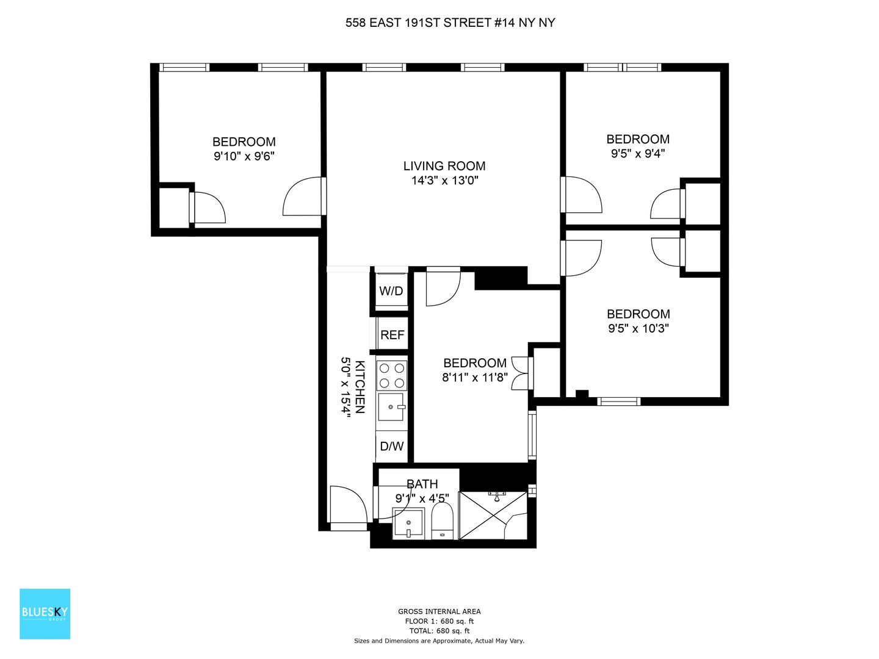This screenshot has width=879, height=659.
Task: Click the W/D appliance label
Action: coord(391,291)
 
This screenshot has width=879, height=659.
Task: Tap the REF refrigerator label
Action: coord(392,335)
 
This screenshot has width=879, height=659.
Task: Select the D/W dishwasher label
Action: coord(391,446)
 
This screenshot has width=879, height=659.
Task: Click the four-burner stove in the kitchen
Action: coord(392,376)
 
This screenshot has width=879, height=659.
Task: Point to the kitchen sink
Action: coord(391,406)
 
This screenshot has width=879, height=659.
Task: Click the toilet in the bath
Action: coord(442,520)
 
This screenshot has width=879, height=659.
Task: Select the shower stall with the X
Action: coord(493,516)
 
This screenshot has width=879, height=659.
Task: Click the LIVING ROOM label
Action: coord(444,166)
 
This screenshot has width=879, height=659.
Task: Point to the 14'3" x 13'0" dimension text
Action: coord(445,181)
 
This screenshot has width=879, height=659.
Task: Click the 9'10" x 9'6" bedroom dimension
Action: coord(244,156)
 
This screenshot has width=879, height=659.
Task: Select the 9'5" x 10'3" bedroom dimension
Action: coord(638,328)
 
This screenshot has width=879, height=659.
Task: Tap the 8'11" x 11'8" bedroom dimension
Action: coord(475,377)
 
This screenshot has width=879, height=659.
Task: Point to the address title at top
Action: coord(450,23)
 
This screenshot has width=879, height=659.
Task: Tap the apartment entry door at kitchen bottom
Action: coord(347,508)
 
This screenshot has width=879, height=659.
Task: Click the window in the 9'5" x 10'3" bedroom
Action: coord(619,402)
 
